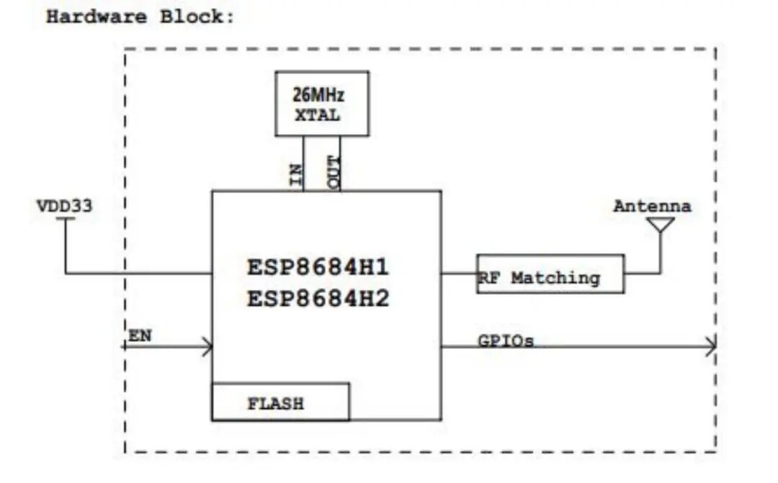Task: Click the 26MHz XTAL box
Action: click(x=322, y=103)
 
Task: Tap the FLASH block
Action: click(x=280, y=402)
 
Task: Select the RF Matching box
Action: click(x=550, y=274)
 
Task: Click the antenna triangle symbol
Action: click(x=661, y=225)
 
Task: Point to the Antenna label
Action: click(x=652, y=207)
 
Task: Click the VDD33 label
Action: click(x=65, y=207)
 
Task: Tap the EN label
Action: click(x=140, y=335)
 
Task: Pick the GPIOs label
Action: click(x=506, y=340)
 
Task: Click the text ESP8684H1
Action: click(x=318, y=268)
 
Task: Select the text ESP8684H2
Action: click(x=318, y=297)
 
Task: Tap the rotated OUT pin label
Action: click(x=335, y=173)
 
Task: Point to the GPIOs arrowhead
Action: click(x=711, y=346)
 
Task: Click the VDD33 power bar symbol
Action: click(x=66, y=220)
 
